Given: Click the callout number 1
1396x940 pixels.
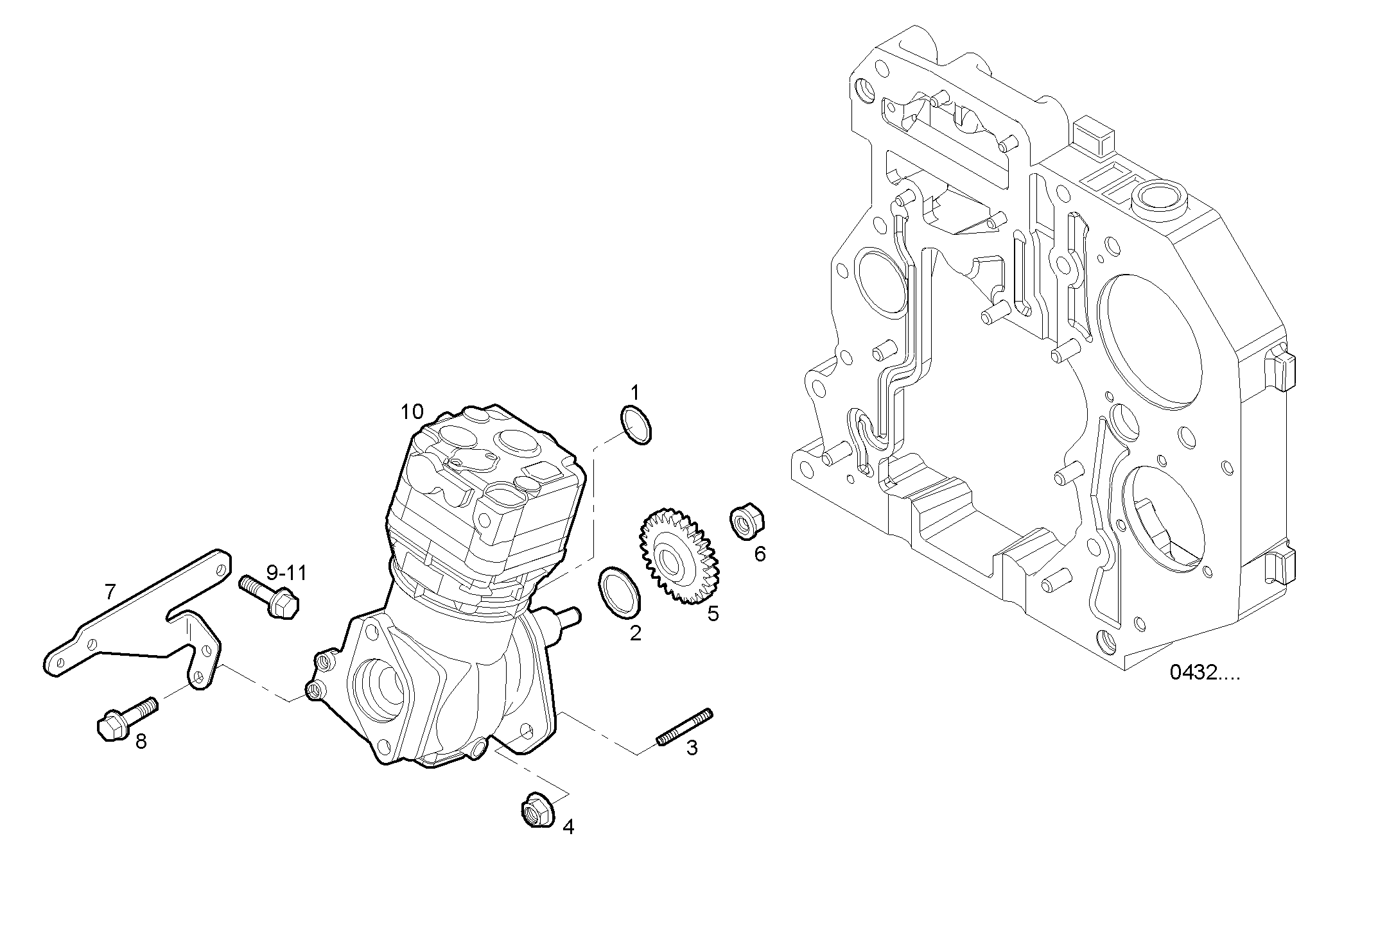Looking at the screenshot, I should point(634,391).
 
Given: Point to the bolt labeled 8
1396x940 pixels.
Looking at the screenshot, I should point(126,720).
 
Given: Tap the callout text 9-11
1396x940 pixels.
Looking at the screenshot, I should point(286,573).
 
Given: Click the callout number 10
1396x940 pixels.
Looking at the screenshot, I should point(412,411).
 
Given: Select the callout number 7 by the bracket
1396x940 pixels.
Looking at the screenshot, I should point(110,591).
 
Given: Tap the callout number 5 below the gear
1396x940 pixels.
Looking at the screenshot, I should point(713,613).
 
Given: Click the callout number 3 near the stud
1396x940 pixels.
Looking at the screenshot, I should point(692,748).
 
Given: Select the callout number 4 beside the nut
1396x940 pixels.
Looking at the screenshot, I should point(568,826).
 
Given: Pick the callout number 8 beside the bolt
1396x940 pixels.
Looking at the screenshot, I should point(141,742).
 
